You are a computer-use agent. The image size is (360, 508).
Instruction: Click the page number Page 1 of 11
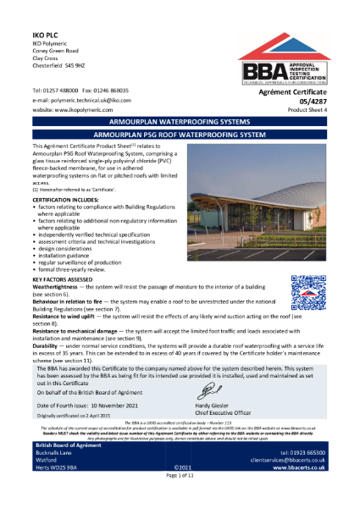(x=180, y=501)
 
